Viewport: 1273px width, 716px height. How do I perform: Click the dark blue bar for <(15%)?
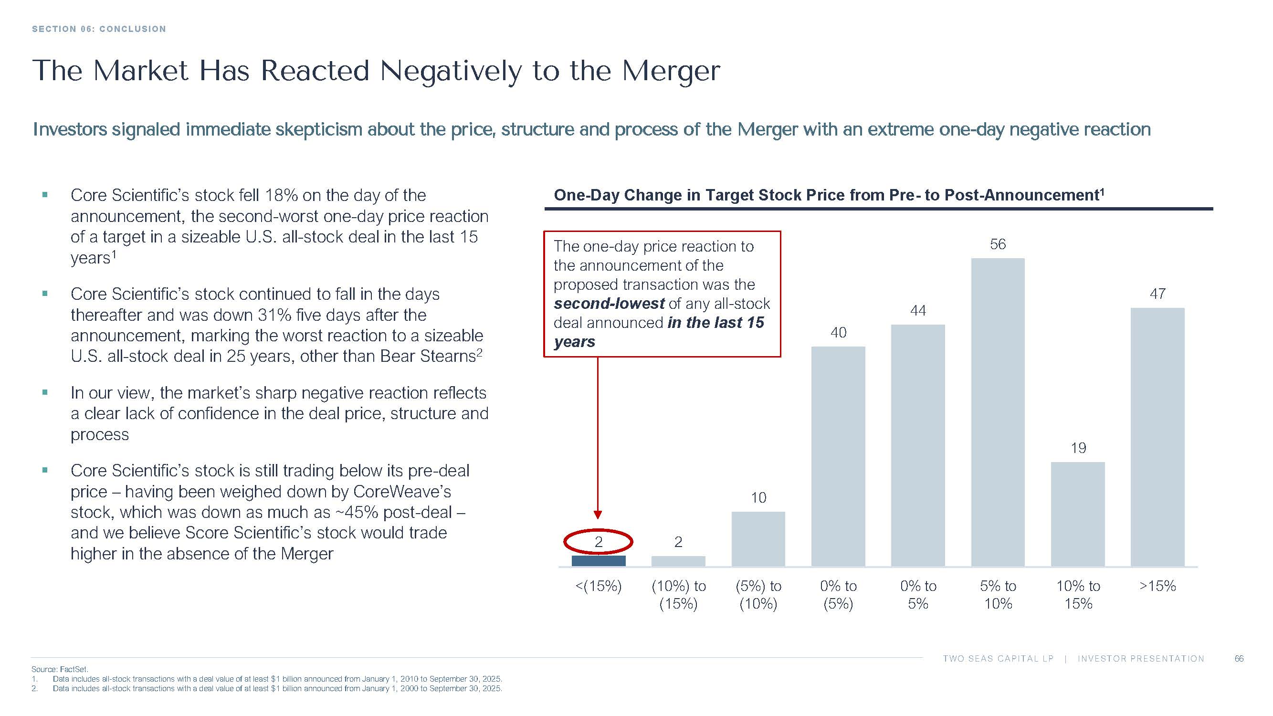(x=598, y=561)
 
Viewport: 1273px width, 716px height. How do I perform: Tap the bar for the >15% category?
(x=1157, y=437)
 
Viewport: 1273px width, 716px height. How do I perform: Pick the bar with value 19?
(x=1078, y=514)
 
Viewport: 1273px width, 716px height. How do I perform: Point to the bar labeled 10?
(x=758, y=538)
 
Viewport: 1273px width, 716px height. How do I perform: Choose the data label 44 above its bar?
(x=918, y=310)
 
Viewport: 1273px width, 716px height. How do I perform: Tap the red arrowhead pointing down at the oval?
(x=598, y=515)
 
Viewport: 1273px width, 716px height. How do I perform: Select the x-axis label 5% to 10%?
(x=998, y=594)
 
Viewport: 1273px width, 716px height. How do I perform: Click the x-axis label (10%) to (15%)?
(x=679, y=594)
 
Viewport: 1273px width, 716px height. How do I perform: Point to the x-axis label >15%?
(x=1157, y=586)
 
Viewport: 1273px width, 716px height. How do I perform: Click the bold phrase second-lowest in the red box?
(x=609, y=304)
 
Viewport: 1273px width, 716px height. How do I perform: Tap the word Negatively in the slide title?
(x=450, y=71)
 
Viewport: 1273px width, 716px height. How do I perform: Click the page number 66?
(x=1239, y=658)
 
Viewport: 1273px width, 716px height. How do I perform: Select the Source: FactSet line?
(x=60, y=669)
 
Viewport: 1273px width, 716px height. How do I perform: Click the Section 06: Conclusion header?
(x=99, y=29)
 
